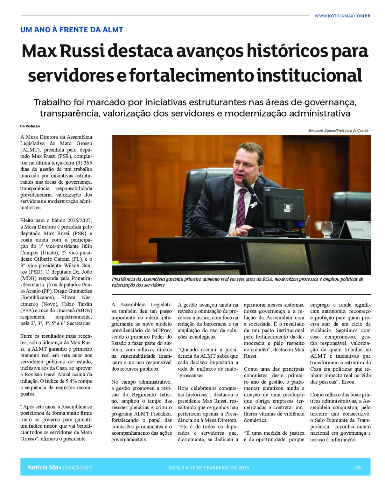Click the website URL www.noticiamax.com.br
pyautogui.click(x=342, y=16)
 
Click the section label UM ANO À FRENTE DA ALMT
pyautogui.click(x=72, y=30)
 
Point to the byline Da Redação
pyautogui.click(x=30, y=126)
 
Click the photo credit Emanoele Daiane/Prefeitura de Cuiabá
pyautogui.click(x=338, y=130)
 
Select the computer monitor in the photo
pyautogui.click(x=283, y=207)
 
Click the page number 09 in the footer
pyautogui.click(x=358, y=468)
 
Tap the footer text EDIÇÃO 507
pyautogui.click(x=78, y=468)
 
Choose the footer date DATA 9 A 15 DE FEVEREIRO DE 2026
pyautogui.click(x=209, y=468)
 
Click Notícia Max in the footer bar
pyautogui.click(x=44, y=467)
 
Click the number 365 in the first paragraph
pyautogui.click(x=88, y=163)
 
